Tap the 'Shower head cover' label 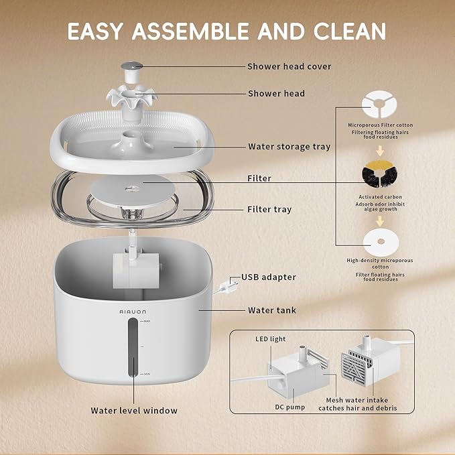(289, 66)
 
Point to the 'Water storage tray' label (289, 146)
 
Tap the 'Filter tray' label (269, 209)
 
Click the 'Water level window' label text (134, 410)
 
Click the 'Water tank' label (271, 310)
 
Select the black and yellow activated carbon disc (379, 176)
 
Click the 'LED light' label (270, 339)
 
